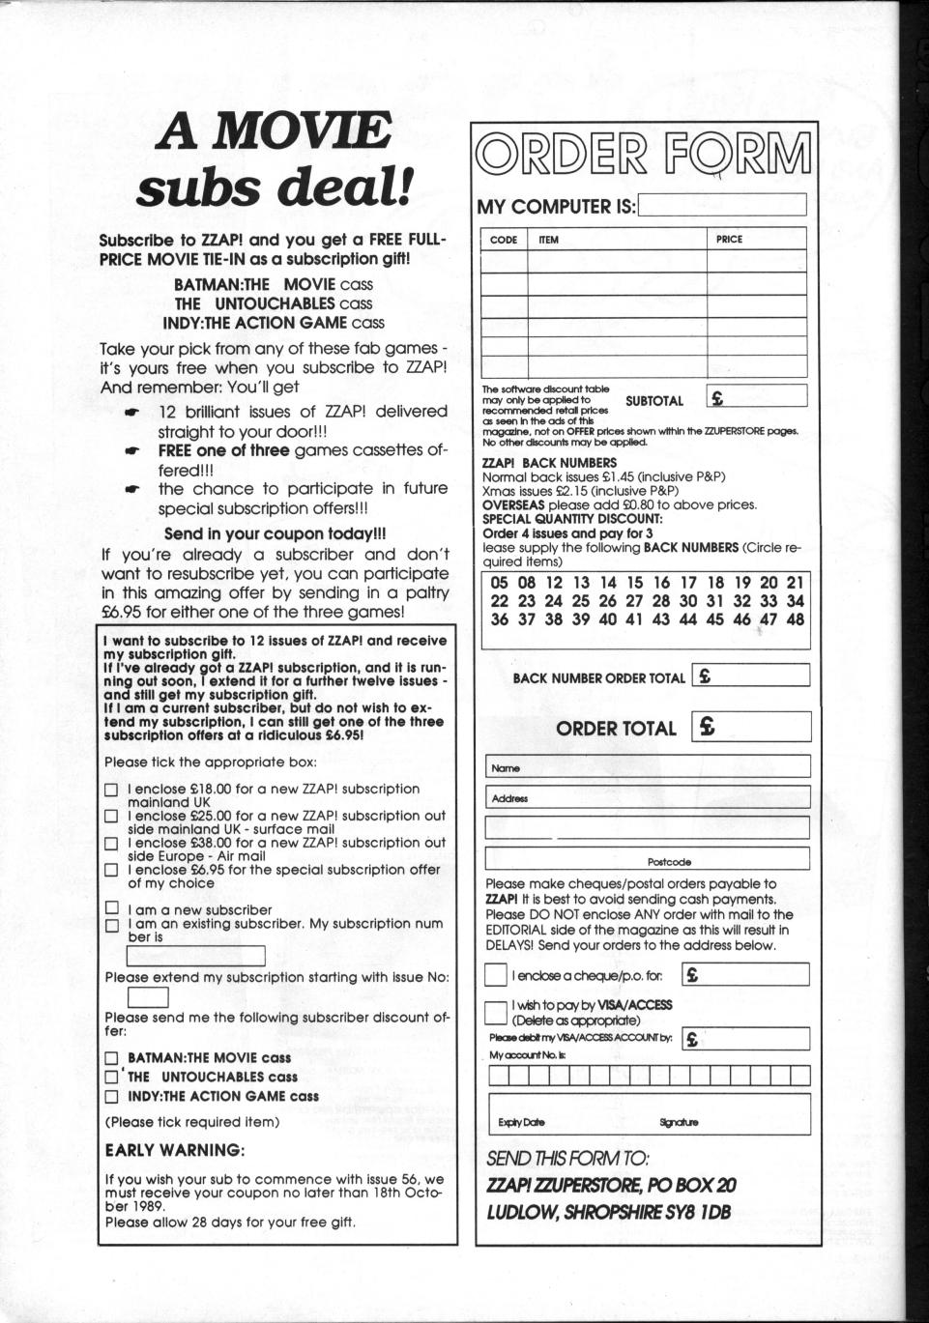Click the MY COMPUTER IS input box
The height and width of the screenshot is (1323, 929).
pos(721,205)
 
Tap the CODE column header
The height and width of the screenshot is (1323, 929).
pos(504,240)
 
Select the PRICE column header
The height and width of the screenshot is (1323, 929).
pos(730,240)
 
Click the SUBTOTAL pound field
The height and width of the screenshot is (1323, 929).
pos(757,397)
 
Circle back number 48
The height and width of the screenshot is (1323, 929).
pos(795,620)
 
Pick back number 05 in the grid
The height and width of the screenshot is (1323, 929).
pos(499,583)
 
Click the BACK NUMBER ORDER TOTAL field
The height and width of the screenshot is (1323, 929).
pos(751,676)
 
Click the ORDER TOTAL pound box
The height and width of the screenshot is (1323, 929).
pos(751,727)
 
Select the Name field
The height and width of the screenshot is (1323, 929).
pos(648,767)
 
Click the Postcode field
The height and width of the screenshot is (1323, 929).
pos(648,859)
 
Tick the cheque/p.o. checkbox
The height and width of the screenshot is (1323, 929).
pos(495,974)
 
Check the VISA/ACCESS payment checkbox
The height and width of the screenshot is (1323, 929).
pos(495,1012)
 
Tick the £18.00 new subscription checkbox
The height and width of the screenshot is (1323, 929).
pos(111,791)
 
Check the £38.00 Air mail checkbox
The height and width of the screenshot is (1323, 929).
pos(111,844)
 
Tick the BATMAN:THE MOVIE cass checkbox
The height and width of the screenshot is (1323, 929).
pos(111,1058)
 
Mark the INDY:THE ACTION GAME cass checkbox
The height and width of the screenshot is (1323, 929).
pos(111,1097)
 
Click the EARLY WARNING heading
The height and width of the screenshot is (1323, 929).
pos(174,1150)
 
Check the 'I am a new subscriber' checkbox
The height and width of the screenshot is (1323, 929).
pos(111,909)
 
